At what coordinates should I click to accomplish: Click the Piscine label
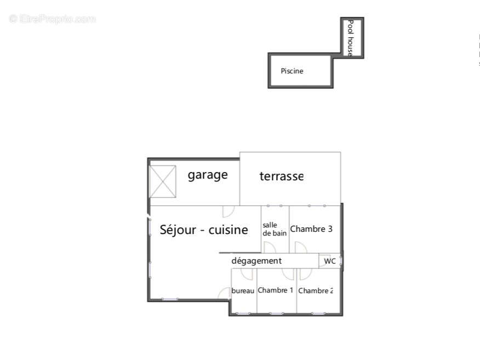[x=292, y=71]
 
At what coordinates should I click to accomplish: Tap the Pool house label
[x=350, y=38]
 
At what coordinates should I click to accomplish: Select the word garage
[x=208, y=175]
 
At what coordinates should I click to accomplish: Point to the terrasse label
[x=281, y=176]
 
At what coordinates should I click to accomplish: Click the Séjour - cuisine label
[x=204, y=230]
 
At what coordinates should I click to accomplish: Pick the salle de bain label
[x=275, y=229]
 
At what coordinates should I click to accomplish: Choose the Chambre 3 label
[x=311, y=229]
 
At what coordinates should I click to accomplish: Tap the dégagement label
[x=256, y=261]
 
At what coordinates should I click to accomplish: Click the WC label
[x=330, y=261]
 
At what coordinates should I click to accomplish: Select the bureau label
[x=243, y=290]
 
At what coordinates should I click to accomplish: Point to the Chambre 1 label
[x=276, y=290]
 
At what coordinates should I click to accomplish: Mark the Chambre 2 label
[x=316, y=290]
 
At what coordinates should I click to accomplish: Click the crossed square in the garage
[x=163, y=181]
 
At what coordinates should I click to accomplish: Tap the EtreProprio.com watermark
[x=52, y=19]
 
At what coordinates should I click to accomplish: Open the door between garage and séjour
[x=228, y=211]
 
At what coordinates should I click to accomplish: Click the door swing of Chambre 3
[x=301, y=248]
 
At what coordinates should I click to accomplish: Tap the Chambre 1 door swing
[x=288, y=275]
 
